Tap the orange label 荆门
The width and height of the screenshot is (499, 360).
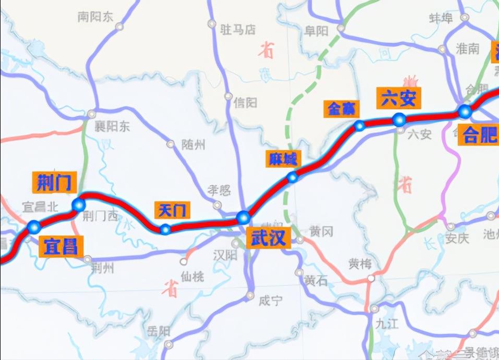54,182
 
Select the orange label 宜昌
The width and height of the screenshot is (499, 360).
60,246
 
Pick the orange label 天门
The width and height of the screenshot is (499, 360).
172,210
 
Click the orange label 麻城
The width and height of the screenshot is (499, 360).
283,158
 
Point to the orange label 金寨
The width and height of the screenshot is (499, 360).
342,108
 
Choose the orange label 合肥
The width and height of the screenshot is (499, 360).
478,135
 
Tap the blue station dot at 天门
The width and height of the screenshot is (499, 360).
165,229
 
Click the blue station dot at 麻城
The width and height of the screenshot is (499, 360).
293,178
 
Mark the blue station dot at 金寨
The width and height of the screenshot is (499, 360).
359,126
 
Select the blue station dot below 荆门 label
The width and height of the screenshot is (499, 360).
79,205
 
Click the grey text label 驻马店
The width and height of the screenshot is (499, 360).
238,30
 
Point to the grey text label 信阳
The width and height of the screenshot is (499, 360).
245,103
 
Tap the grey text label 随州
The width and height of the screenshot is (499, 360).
193,144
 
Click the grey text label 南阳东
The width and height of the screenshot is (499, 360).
95,17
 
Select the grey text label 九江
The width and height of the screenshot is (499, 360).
386,324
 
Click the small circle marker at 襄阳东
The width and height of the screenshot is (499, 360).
92,114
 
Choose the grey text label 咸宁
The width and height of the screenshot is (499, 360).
270,301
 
